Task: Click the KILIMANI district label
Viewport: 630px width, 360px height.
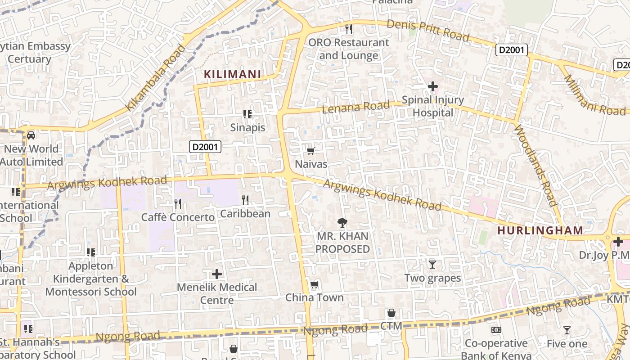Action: point(233,74)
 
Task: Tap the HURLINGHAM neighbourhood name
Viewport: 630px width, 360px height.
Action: point(540,230)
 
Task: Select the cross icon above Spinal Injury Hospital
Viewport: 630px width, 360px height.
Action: point(433,86)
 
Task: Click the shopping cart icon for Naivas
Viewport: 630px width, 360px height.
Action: point(310,151)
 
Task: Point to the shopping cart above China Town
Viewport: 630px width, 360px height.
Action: point(314,285)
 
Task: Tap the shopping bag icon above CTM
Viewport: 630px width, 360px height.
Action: point(391,313)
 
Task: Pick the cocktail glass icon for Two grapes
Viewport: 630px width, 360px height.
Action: point(432,265)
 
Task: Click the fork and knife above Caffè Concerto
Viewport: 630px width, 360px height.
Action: point(178,204)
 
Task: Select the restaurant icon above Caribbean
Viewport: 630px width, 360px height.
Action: point(245,200)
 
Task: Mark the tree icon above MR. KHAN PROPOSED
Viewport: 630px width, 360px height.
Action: point(342,222)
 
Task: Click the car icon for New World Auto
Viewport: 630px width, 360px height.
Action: point(31,135)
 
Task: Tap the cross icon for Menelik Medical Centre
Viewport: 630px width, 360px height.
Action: point(217,274)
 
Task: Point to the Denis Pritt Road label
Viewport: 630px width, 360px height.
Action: point(428,30)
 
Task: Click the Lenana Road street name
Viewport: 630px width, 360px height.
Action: point(355,107)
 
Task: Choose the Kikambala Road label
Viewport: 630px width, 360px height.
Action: point(156,78)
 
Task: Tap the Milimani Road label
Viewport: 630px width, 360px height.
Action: point(594,95)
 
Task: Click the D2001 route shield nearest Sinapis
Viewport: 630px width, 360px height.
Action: point(205,146)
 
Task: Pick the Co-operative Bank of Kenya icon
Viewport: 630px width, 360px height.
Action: point(496,330)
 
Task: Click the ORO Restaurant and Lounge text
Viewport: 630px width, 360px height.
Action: point(348,49)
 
